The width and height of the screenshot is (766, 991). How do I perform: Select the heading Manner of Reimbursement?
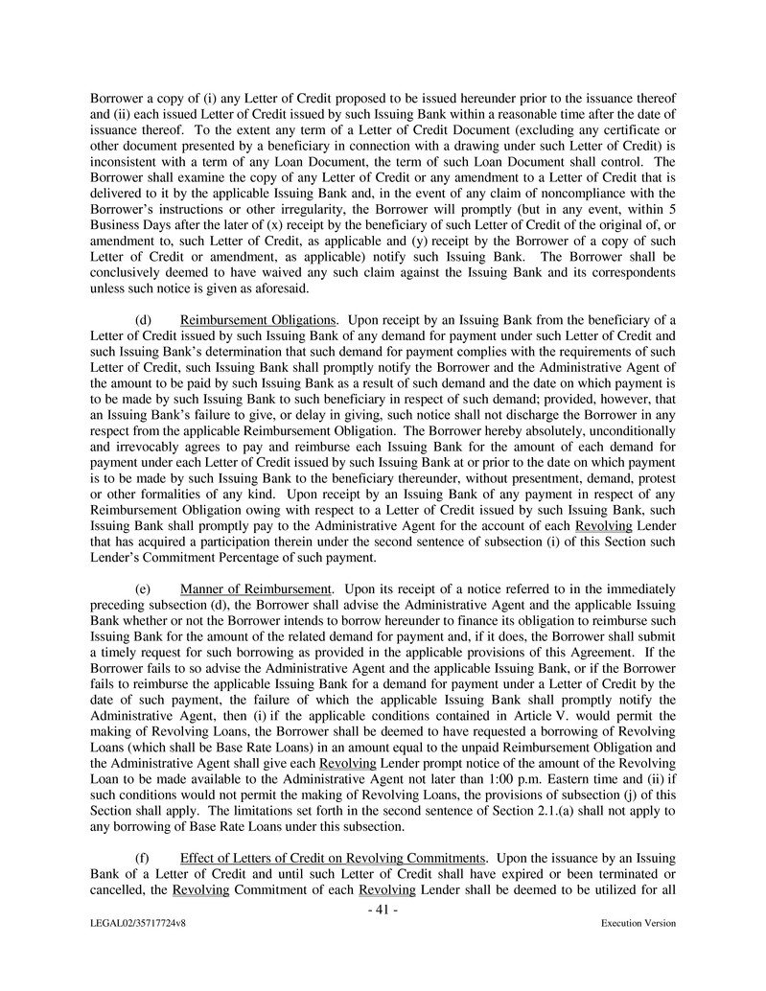click(248, 588)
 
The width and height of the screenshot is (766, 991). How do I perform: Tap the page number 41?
click(383, 909)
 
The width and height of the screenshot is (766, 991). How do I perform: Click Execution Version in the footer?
click(638, 924)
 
